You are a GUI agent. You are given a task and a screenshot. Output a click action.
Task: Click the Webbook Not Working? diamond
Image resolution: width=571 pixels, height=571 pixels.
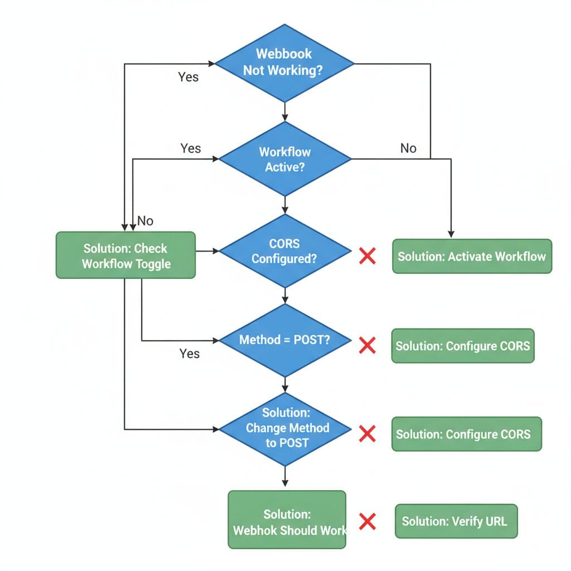pyautogui.click(x=285, y=63)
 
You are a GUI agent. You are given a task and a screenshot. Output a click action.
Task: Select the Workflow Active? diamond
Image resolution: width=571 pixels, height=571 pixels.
pyautogui.click(x=285, y=159)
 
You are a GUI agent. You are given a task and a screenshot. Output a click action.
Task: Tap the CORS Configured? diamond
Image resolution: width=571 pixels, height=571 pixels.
pyautogui.click(x=285, y=251)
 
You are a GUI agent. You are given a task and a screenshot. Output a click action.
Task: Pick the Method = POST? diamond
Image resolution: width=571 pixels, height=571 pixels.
pyautogui.click(x=285, y=340)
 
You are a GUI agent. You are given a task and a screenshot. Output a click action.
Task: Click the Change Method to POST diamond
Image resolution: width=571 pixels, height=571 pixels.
pyautogui.click(x=285, y=428)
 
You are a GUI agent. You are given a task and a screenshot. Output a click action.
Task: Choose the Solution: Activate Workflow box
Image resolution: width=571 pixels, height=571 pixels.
pyautogui.click(x=472, y=257)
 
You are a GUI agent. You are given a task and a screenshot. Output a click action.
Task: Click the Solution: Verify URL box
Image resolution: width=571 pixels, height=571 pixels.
pyautogui.click(x=456, y=521)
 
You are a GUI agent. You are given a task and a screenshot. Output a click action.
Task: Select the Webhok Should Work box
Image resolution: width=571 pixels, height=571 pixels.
pyautogui.click(x=287, y=521)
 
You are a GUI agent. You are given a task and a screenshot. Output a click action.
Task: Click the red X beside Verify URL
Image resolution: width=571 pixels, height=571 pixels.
pyautogui.click(x=367, y=521)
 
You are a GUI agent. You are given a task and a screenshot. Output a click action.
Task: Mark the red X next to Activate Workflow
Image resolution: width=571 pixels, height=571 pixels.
pyautogui.click(x=367, y=257)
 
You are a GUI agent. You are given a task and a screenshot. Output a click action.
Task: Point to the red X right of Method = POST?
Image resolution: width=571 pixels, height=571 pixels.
pyautogui.click(x=367, y=345)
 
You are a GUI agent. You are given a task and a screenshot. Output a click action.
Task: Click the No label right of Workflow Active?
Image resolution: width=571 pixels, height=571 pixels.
pyautogui.click(x=408, y=148)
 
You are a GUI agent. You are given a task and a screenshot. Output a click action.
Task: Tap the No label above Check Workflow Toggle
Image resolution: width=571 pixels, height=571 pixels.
pyautogui.click(x=145, y=221)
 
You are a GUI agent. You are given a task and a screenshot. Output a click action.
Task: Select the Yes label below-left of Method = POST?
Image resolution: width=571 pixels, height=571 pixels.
pyautogui.click(x=189, y=354)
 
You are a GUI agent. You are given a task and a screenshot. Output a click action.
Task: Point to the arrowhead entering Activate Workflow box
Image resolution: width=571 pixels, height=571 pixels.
pyautogui.click(x=451, y=234)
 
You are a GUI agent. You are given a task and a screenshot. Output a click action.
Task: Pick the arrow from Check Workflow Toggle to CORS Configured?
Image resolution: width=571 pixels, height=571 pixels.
pyautogui.click(x=207, y=251)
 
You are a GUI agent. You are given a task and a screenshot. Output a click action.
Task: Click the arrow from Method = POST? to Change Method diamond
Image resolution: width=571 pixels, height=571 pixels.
pyautogui.click(x=285, y=385)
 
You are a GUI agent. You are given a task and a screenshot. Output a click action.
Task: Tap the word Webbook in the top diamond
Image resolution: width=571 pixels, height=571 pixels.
pyautogui.click(x=284, y=54)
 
